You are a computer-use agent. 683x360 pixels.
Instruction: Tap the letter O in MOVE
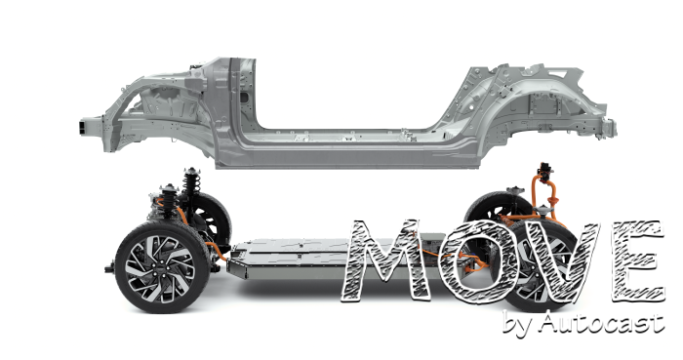click(478, 260)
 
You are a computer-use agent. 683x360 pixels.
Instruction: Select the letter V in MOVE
click(556, 261)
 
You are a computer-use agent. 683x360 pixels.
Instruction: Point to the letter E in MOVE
click(638, 260)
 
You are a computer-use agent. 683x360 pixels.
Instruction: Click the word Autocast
click(602, 323)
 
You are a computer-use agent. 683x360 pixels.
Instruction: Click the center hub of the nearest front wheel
click(161, 266)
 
